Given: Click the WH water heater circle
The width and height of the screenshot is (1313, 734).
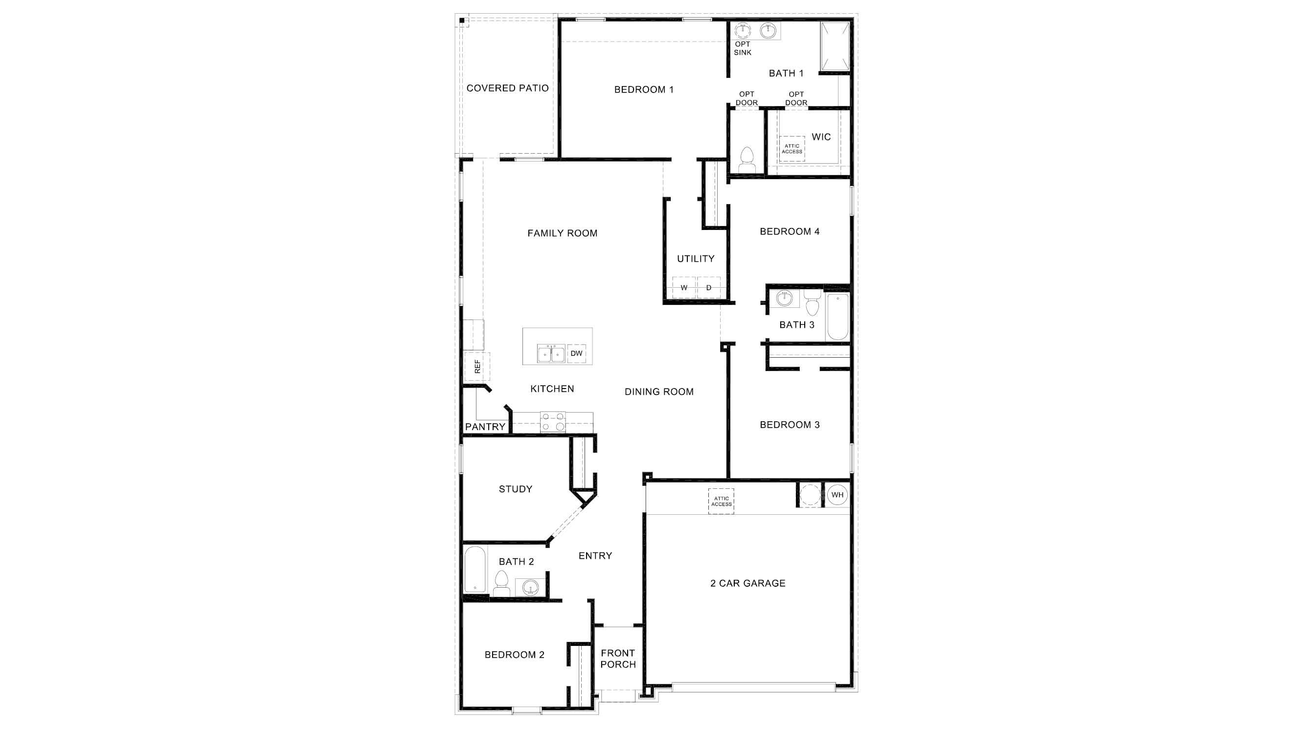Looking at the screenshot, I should (837, 494).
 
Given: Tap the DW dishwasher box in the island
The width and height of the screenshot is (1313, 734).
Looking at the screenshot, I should (576, 353).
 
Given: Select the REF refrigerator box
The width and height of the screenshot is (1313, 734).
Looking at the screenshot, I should (477, 366).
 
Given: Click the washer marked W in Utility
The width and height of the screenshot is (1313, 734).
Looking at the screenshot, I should (683, 288).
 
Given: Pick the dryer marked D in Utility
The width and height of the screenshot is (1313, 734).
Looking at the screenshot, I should (708, 288).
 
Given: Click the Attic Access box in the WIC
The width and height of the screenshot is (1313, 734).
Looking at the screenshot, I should (792, 149).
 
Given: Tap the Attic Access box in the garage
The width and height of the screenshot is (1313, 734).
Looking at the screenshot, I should (721, 502).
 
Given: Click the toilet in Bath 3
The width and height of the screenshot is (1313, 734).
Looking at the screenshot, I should (813, 304).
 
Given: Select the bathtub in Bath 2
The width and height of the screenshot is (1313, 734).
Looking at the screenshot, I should (475, 570).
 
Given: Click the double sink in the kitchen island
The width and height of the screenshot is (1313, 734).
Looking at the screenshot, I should (551, 353).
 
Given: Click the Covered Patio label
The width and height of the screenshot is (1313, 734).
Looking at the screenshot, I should (507, 88).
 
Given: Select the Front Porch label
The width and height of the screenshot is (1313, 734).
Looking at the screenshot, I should (618, 659).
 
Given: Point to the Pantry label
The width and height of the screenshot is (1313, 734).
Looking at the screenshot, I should (485, 427).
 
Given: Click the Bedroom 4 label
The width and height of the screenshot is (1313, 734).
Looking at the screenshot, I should (789, 231).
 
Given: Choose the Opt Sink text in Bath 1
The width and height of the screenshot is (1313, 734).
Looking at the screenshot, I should (743, 48).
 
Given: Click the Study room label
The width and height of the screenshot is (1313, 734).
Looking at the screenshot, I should (515, 489).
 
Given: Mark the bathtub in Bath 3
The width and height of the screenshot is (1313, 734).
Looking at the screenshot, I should (838, 317).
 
